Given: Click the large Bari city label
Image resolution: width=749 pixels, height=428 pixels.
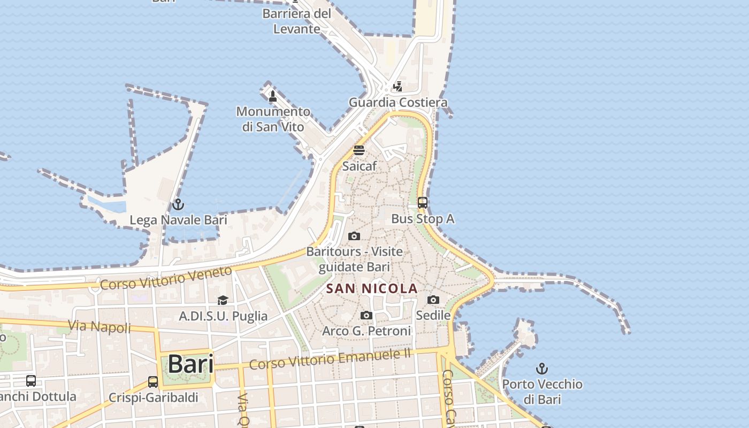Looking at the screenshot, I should (190, 364).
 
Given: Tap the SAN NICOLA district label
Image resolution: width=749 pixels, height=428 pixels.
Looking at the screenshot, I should (372, 289).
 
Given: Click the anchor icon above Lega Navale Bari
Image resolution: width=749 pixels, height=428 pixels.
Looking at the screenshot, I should (178, 204).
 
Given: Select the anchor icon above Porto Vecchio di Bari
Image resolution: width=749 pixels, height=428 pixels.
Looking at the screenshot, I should (542, 369).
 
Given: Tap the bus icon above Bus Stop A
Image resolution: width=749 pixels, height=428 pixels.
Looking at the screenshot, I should (423, 203).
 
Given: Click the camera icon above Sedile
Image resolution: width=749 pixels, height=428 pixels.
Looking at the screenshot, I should (433, 300).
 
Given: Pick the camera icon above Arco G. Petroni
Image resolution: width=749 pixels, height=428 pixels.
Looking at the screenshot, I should (366, 316).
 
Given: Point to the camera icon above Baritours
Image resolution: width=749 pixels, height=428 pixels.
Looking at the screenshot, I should (354, 236).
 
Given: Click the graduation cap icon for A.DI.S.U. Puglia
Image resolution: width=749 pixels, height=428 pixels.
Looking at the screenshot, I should (223, 300).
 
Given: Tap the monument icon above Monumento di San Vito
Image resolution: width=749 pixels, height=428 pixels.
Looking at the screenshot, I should (273, 96).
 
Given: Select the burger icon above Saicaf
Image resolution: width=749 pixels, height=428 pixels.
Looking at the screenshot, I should (359, 150).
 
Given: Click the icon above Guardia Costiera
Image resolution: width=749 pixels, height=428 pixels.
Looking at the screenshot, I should (398, 86).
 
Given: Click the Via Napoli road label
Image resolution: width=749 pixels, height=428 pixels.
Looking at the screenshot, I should (100, 326).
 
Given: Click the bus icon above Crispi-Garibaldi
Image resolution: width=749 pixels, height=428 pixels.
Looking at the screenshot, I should (153, 382).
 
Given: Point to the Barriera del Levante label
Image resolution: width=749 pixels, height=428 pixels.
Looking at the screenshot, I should (297, 21).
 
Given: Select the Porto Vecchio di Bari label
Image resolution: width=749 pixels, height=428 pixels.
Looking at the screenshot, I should (542, 391).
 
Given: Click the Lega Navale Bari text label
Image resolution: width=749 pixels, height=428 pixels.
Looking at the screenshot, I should (178, 220).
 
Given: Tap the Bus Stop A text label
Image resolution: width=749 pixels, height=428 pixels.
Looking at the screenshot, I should (423, 218).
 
